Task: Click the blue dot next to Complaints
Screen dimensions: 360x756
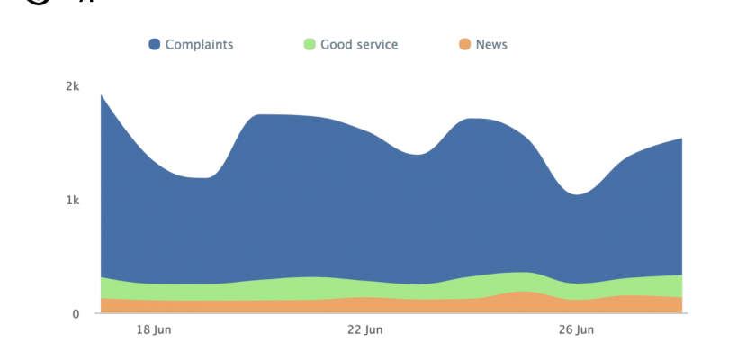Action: tap(155, 44)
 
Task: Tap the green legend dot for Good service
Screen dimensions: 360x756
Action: tap(310, 44)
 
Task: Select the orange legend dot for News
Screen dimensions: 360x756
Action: tap(464, 44)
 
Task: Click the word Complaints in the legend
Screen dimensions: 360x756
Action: tap(199, 44)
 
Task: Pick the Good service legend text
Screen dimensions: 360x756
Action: tap(359, 44)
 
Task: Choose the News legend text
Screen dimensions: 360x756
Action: tap(491, 44)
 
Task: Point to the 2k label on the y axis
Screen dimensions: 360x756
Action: tap(73, 86)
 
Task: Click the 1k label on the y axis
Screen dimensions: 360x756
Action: tap(73, 200)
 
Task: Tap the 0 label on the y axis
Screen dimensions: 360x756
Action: tap(76, 313)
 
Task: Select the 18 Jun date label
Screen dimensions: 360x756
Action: tap(154, 330)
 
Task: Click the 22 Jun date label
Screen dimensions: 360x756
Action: tap(364, 330)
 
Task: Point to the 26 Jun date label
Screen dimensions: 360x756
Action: tap(576, 330)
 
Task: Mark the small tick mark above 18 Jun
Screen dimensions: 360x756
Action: tap(154, 317)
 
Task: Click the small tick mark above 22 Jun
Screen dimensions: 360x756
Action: tap(364, 317)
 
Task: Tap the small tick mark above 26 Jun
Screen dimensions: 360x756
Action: tap(576, 317)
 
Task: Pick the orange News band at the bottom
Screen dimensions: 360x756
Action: tap(360, 305)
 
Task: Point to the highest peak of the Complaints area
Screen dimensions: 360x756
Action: tap(102, 94)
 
